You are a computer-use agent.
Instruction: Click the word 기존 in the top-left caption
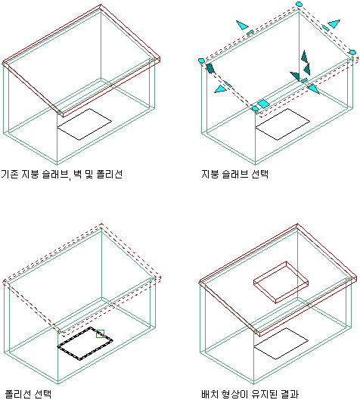[10, 174]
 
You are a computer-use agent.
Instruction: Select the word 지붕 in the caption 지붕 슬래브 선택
[210, 174]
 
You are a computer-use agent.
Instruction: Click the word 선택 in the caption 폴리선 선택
[43, 394]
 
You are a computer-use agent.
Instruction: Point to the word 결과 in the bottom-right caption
[290, 394]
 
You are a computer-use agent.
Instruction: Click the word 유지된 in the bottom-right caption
[264, 394]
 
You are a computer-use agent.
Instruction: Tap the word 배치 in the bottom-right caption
[210, 394]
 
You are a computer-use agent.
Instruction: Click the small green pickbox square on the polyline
[101, 334]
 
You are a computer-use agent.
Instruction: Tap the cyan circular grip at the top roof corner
[299, 4]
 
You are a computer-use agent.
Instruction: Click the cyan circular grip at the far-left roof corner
[201, 60]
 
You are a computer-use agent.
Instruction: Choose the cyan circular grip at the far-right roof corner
[352, 52]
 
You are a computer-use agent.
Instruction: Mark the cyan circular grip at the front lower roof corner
[255, 109]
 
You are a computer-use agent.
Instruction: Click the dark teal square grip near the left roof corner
[210, 68]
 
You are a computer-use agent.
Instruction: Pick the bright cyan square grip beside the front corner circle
[263, 104]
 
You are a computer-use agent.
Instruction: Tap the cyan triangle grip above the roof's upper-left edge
[242, 25]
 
